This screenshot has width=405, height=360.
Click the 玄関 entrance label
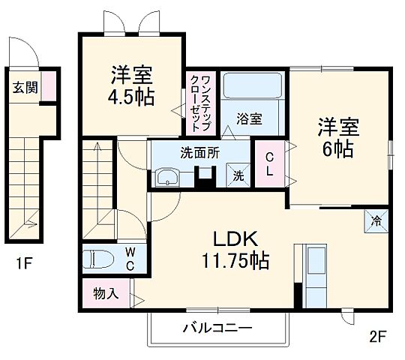pyautogui.click(x=22, y=86)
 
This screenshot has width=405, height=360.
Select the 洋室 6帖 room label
pyautogui.click(x=337, y=136)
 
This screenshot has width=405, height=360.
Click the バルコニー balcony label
pyautogui.click(x=217, y=327)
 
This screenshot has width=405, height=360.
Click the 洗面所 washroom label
pyautogui.click(x=199, y=151)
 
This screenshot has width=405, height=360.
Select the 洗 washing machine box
pyautogui.click(x=238, y=175)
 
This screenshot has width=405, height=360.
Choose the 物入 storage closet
pyautogui.click(x=105, y=292)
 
